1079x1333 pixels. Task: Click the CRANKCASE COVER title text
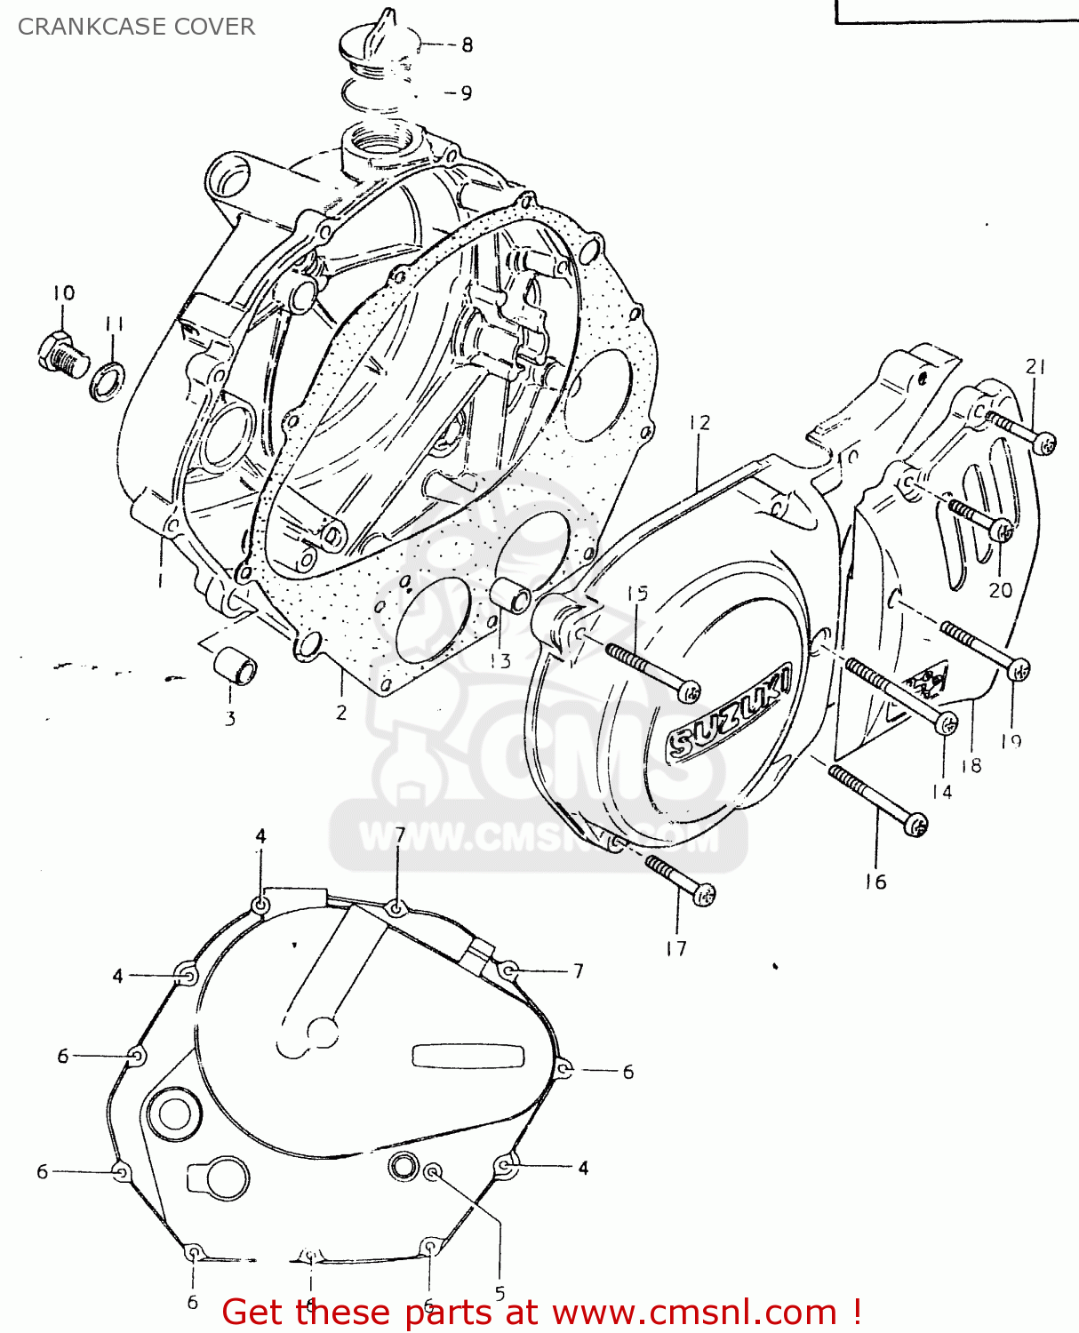136,27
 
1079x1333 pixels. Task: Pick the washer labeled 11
108,381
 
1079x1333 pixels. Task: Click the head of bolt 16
915,824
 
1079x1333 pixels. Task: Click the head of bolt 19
1019,668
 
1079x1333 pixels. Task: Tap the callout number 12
699,423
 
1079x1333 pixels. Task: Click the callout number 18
971,765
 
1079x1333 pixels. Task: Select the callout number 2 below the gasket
341,712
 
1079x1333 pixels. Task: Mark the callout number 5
500,1294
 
